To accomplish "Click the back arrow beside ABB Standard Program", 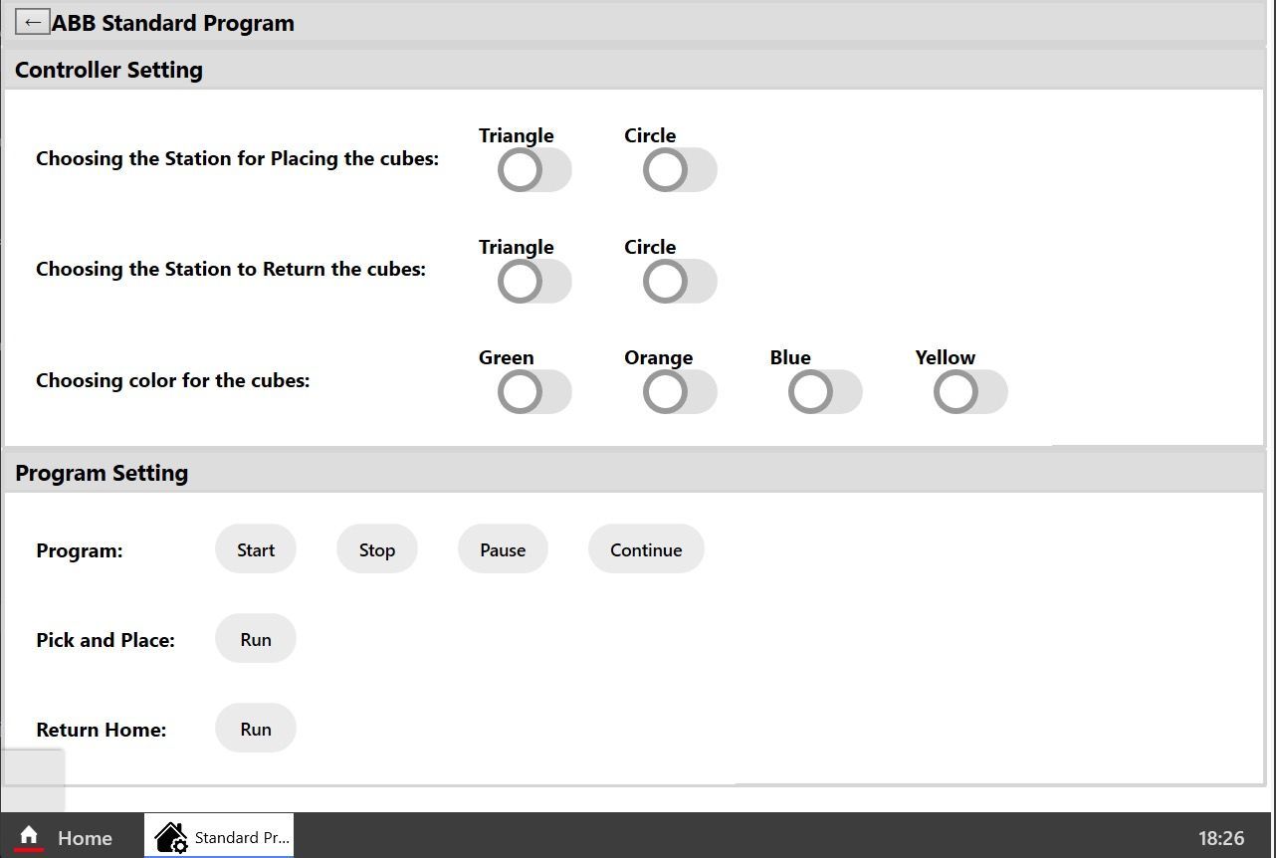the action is [33, 23].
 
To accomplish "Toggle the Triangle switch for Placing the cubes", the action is [534, 170].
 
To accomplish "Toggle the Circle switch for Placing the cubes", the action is [680, 170].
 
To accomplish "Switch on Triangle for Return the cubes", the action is [534, 281].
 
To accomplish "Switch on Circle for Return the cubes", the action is [680, 281].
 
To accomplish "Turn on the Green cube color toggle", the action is [534, 391].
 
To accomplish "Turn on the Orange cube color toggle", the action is [680, 391].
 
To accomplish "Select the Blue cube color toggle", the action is [825, 391].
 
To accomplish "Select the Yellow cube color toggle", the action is [970, 391].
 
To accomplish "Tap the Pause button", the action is [503, 549].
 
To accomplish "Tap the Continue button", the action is [646, 549].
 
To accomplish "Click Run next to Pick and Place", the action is [256, 639].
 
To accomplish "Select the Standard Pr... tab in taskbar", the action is [219, 836].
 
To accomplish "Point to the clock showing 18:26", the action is [1220, 837].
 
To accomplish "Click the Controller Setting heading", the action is [108, 70].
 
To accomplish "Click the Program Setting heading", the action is [102, 473].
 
